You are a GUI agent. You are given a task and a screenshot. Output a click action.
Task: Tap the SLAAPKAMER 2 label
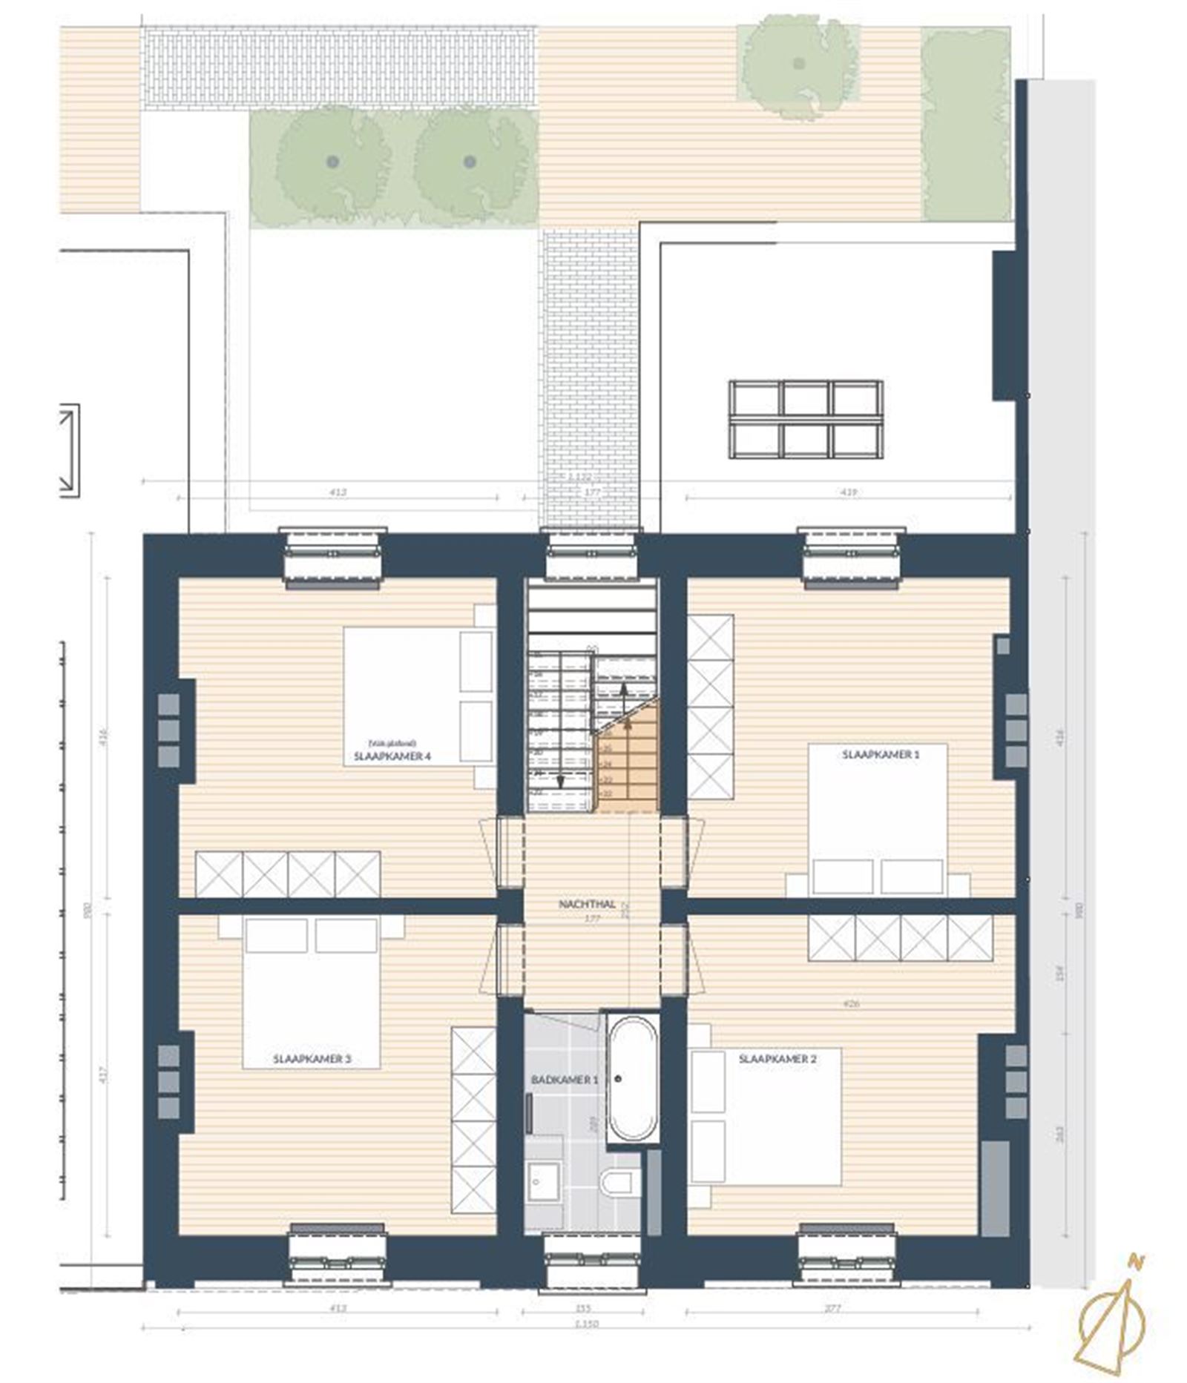coord(777,1059)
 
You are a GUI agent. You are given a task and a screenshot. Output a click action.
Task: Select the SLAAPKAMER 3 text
coord(312,1059)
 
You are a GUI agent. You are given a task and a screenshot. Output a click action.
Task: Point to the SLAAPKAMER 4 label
coord(392,757)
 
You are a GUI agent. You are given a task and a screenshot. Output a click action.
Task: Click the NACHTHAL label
coord(587,904)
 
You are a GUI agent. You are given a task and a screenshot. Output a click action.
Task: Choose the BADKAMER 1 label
coord(564,1080)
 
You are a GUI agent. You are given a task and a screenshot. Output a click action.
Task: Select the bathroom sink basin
coord(543,1181)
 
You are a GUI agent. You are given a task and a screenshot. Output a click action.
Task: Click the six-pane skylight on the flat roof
coord(805,419)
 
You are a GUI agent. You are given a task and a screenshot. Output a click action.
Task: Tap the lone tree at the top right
coord(798,65)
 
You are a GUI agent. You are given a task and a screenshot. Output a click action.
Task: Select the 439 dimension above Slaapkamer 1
coord(849,492)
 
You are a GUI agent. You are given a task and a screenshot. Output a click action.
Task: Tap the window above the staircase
coord(591,555)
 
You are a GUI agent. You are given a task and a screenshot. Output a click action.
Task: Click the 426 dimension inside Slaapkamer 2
coord(850,1004)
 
